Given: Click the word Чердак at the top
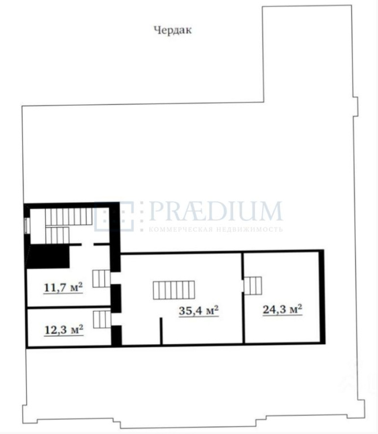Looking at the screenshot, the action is coord(173,30).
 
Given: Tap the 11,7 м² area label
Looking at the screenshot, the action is coord(63,287).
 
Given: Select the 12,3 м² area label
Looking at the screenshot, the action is coord(64,329).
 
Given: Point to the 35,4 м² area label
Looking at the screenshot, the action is coord(199,310).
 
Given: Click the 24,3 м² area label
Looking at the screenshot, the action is coord(283,309).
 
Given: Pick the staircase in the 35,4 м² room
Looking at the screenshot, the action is coord(174,290).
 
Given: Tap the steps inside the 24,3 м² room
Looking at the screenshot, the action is coord(253,285).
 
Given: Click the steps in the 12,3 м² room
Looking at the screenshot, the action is coord(102,319).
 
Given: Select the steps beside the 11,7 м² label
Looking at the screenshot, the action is coord(101,279).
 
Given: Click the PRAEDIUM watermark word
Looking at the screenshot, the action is coord(216,211).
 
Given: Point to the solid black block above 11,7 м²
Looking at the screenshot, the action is coord(47,257).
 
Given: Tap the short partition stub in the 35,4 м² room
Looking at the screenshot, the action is coord(161,331).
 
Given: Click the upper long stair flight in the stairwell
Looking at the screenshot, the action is coord(68,217).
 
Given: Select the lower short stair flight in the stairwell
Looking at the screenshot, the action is coord(57,235).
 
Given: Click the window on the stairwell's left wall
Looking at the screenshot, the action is coord(27,225).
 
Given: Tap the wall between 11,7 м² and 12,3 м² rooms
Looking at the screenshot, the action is coord(68,307).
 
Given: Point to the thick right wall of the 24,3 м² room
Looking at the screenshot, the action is coord(321,297).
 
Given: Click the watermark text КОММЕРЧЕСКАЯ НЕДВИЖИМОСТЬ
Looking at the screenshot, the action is coord(216,229).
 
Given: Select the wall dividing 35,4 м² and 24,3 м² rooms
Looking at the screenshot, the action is coord(243,298).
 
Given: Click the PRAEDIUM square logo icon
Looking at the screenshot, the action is coord(114,216).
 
